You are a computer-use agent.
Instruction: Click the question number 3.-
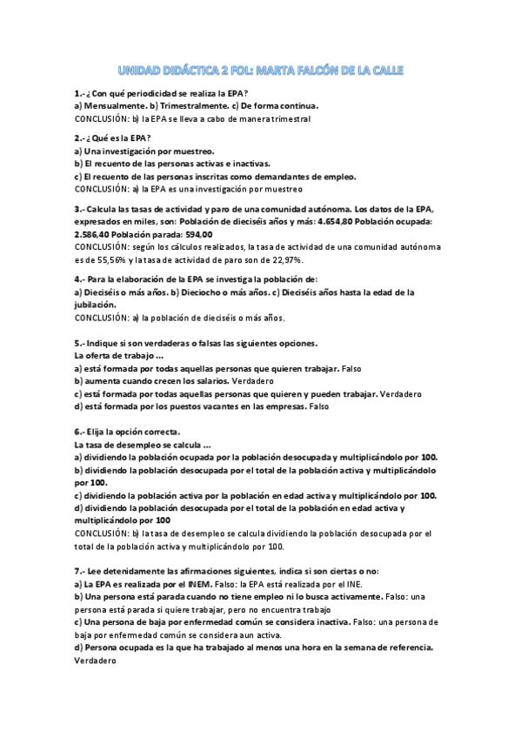[x=77, y=210]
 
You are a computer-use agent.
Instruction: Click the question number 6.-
[x=77, y=433]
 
